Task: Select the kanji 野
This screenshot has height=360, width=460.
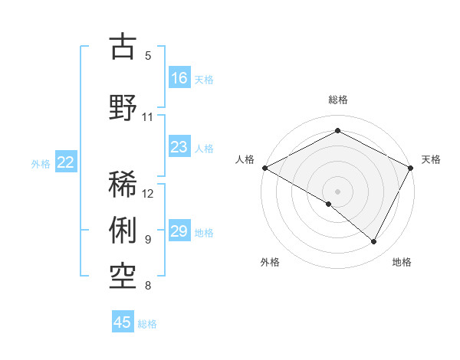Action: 123,106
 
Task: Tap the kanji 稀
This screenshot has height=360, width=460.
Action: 123,185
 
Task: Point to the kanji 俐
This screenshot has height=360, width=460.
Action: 123,230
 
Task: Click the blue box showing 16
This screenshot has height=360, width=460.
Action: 179,78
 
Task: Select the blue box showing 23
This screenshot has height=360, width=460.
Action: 179,148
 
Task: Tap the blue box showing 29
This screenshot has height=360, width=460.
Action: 179,232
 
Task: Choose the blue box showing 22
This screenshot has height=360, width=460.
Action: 66,162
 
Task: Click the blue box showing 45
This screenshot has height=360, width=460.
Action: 123,322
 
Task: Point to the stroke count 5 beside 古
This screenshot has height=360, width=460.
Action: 148,56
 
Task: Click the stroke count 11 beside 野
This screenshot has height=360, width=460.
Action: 148,117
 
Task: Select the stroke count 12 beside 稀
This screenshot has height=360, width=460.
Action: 149,194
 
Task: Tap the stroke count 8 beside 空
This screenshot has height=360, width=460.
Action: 148,286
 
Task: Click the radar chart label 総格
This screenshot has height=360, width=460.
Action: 337,100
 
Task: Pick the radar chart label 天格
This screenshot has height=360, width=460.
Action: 431,159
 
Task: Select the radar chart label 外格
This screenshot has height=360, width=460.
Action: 270,262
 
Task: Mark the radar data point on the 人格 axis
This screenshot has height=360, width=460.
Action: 264,168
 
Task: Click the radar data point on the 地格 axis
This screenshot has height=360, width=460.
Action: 374,242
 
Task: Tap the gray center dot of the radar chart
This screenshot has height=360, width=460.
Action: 337,191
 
